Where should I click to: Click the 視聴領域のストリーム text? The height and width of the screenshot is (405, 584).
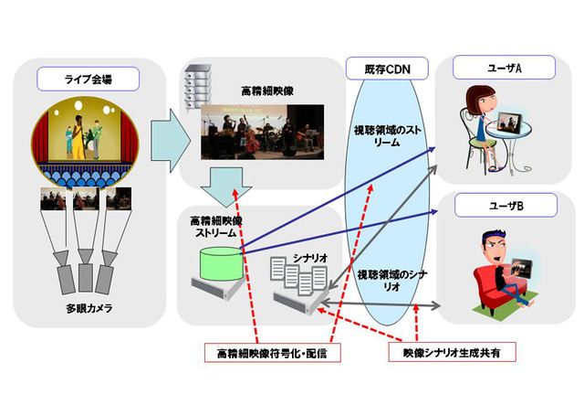pos(384,143)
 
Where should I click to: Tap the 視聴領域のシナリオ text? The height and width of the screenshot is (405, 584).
pos(384,278)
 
